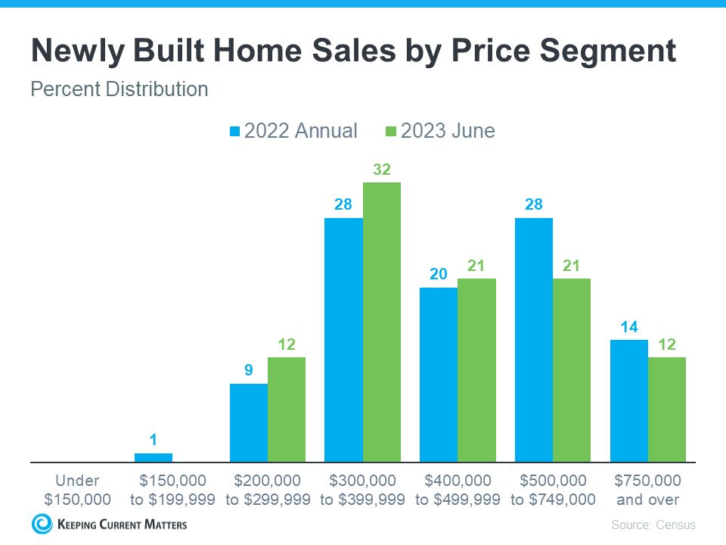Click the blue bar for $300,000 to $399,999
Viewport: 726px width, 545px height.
(343, 340)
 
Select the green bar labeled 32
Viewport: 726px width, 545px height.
(382, 322)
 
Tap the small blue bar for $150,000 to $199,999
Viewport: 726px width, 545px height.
(154, 457)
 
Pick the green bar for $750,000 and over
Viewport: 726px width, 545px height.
(667, 410)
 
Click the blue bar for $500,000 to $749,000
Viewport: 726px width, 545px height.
(534, 340)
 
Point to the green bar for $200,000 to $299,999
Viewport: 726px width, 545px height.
(287, 410)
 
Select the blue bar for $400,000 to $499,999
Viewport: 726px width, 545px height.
(439, 375)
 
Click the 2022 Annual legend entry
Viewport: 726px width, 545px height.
(293, 131)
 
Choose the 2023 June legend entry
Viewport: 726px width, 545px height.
(440, 131)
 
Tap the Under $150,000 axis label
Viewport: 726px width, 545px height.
(77, 490)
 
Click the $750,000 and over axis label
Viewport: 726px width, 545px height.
(647, 490)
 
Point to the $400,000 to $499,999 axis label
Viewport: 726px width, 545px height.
(458, 490)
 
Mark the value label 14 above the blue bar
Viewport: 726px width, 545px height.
(628, 326)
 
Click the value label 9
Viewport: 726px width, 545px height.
(248, 370)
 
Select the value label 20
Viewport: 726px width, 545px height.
(439, 274)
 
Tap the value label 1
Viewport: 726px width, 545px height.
(154, 440)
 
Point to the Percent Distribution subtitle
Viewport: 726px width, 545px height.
(119, 89)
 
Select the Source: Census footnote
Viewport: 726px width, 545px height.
(653, 525)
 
